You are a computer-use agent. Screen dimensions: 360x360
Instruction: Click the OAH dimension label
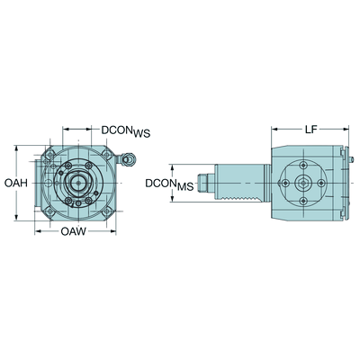(13, 183)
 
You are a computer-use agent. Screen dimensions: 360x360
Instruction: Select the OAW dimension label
(74, 233)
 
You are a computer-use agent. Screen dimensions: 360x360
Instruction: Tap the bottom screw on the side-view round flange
(302, 202)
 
